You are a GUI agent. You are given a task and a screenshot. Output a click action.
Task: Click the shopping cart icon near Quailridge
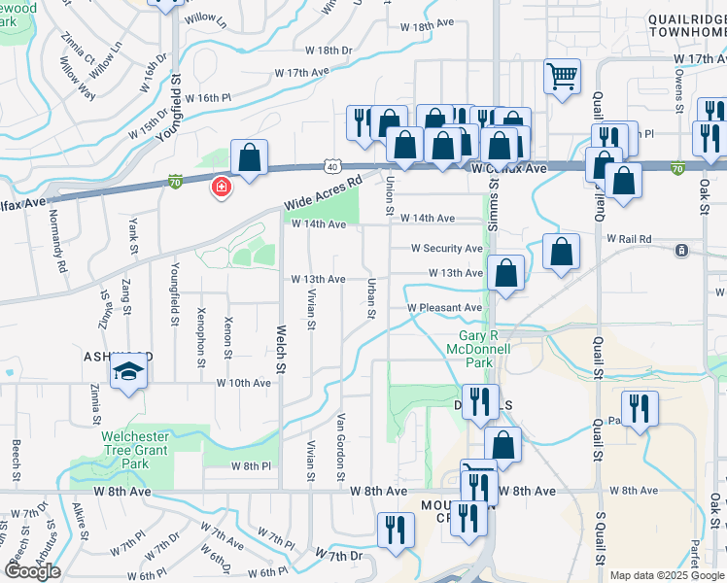pos(563,77)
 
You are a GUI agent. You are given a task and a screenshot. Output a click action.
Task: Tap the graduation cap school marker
pos(127,372)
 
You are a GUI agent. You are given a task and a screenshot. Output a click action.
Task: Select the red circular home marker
pos(222,187)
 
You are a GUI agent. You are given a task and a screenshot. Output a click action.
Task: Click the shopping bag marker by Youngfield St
pos(249,158)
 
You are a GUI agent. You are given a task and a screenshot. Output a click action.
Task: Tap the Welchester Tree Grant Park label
pos(135,450)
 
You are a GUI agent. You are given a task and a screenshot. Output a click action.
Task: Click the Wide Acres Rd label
pos(323,192)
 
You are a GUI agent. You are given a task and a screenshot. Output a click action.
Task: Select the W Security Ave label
pos(446,249)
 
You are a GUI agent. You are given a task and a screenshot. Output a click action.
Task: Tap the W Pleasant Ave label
pos(444,308)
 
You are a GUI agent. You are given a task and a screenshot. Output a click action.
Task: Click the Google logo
pos(32,571)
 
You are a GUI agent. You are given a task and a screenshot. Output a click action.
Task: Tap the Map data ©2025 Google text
pos(666,575)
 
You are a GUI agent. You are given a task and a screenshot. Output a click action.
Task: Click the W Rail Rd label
pos(628,238)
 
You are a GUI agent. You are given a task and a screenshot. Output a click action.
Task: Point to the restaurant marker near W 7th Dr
pos(396,530)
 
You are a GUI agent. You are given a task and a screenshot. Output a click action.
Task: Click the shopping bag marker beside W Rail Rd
pos(561,252)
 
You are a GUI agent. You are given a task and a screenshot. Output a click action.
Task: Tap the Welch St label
pos(281,349)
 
